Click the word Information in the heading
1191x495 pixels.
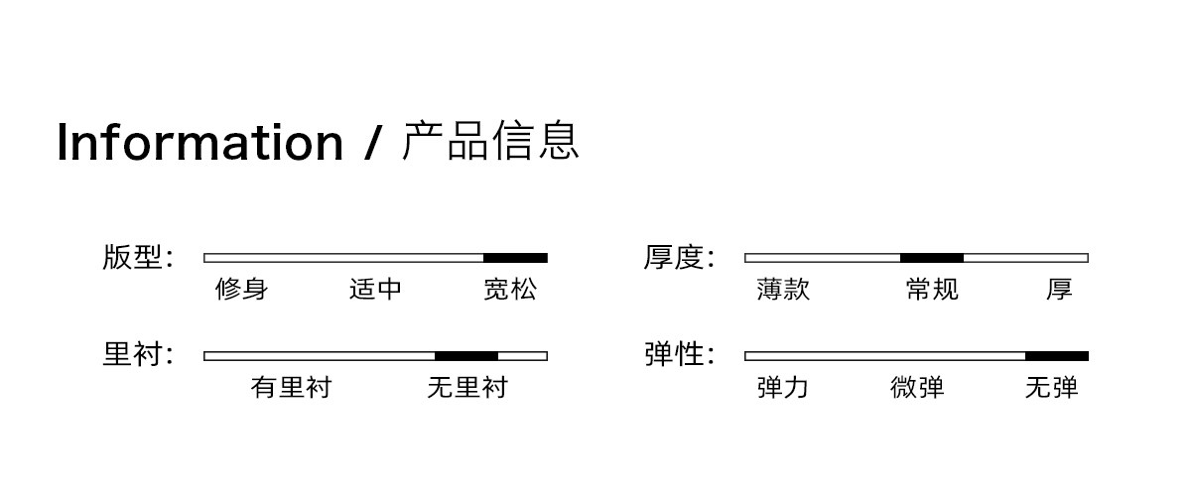tap(200, 142)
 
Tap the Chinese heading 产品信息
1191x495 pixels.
tap(490, 140)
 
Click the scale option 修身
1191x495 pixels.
tap(242, 290)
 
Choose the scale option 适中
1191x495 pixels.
tap(375, 290)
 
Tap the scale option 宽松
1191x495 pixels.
tap(510, 290)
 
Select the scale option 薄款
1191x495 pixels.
tap(783, 290)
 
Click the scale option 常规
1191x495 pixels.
tap(932, 290)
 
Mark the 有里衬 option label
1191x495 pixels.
tap(292, 387)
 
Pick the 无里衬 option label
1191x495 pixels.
tap(467, 387)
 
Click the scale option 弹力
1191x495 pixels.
tap(783, 387)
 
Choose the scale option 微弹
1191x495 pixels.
tap(917, 387)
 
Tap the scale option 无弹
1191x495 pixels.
tap(1052, 387)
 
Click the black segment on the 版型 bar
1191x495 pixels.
tap(515, 258)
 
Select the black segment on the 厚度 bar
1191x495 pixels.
tap(932, 258)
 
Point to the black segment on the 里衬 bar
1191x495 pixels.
tap(466, 356)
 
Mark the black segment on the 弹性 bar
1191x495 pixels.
tap(1057, 356)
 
